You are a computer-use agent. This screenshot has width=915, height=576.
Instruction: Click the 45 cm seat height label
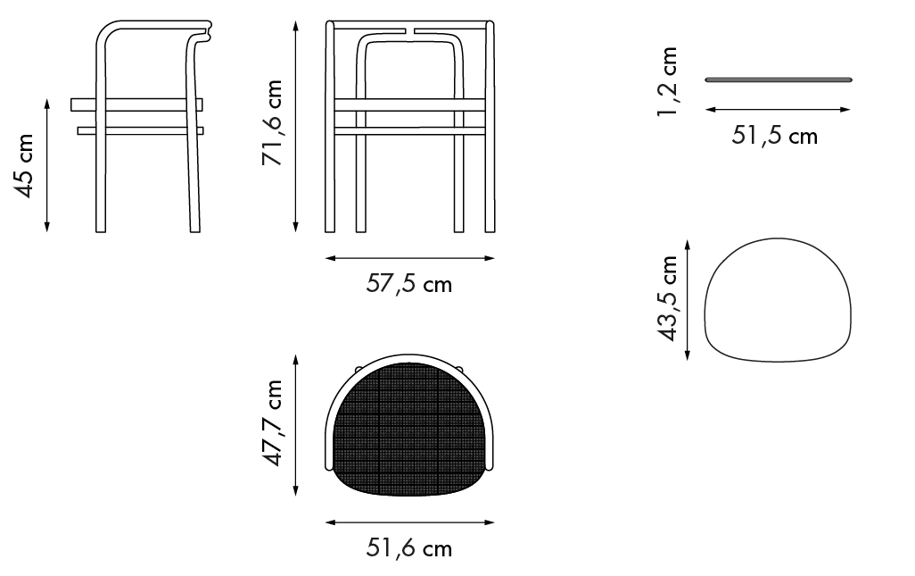[x=24, y=166]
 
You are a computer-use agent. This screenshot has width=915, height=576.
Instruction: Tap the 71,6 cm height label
[x=273, y=122]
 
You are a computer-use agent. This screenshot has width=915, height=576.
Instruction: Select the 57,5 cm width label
[x=409, y=284]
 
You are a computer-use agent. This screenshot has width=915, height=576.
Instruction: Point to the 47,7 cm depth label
[x=273, y=423]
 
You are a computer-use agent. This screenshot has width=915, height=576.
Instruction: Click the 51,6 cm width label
[x=409, y=548]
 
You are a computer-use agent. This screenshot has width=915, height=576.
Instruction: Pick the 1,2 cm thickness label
[x=668, y=82]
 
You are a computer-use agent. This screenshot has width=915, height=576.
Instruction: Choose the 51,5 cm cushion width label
[x=774, y=136]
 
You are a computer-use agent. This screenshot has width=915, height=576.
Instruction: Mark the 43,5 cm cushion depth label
[x=668, y=298]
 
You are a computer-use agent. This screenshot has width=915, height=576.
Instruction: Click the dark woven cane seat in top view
[x=409, y=430]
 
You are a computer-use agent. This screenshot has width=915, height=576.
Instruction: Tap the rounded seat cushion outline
[x=778, y=239]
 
